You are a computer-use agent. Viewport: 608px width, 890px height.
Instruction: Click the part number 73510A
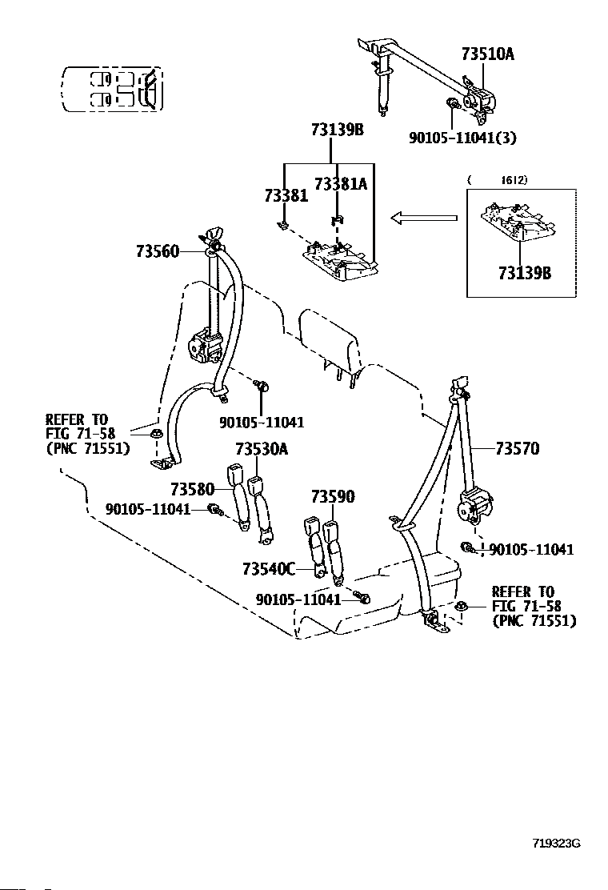click(488, 54)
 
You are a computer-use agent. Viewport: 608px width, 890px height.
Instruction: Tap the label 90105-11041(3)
click(463, 138)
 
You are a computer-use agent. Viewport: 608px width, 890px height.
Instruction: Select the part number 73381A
click(341, 183)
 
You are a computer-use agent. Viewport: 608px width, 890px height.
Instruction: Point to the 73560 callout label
click(158, 251)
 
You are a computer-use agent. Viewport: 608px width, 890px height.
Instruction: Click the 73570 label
click(518, 448)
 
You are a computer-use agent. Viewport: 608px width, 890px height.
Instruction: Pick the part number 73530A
click(262, 449)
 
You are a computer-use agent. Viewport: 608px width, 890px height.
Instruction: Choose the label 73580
click(192, 489)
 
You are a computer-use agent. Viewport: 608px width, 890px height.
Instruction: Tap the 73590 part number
click(333, 497)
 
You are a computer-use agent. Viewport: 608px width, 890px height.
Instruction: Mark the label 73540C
click(269, 568)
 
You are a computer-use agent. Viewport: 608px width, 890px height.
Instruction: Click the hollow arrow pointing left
click(424, 218)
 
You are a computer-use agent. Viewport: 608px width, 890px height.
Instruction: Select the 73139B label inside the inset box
click(525, 273)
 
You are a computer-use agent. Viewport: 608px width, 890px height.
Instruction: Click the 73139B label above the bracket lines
click(337, 130)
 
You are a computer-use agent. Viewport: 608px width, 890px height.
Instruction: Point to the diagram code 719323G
click(556, 843)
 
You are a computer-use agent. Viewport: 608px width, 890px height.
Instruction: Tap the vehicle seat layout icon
click(112, 89)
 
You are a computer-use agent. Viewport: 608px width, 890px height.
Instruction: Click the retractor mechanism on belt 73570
click(476, 506)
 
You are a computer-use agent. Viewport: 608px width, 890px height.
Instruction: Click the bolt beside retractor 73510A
click(453, 104)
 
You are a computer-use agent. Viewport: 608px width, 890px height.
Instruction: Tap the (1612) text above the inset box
click(498, 180)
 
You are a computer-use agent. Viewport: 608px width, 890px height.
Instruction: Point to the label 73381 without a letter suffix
click(286, 195)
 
